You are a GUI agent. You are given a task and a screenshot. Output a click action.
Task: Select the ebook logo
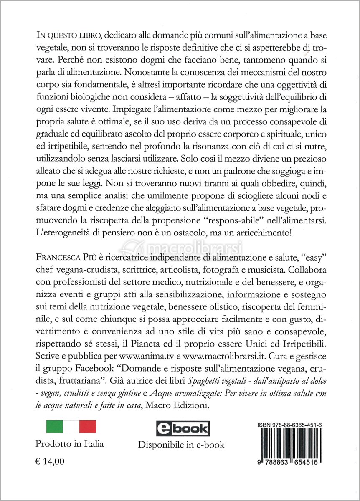(183, 428)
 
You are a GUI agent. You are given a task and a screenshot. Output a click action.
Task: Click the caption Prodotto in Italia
(69, 443)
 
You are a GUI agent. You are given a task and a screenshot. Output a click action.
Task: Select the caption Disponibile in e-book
(181, 445)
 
